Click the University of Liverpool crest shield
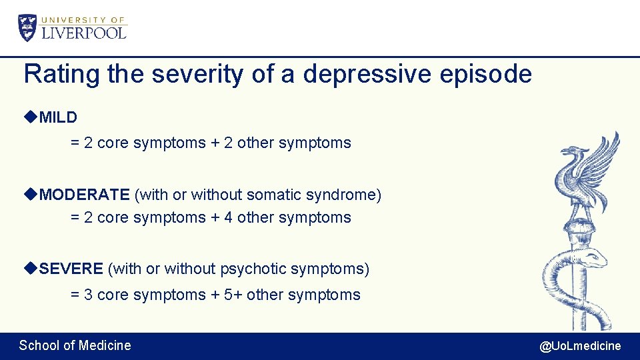[x=28, y=28]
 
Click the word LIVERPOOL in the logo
[x=84, y=33]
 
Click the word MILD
[x=58, y=118]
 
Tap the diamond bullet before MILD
[x=30, y=117]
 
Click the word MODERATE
[x=84, y=195]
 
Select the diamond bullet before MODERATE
[x=30, y=194]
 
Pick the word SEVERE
[x=71, y=269]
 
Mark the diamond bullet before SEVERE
[x=30, y=268]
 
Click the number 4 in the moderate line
[x=228, y=217]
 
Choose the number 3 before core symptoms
[x=89, y=295]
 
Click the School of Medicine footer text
[x=75, y=345]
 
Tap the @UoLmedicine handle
[x=580, y=345]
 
